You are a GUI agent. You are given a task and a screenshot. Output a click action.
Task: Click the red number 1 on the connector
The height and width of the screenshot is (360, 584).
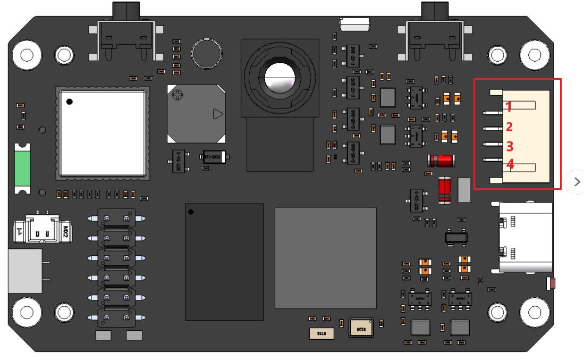pos(509,107)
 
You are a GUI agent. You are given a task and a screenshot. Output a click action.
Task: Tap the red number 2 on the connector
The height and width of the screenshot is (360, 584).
pos(509,127)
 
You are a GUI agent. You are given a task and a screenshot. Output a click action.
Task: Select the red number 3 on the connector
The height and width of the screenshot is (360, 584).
pos(509,146)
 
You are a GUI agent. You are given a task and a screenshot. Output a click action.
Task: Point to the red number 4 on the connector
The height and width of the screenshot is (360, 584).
pos(510,164)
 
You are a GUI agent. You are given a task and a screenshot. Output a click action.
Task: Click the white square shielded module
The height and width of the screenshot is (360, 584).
pos(101,133)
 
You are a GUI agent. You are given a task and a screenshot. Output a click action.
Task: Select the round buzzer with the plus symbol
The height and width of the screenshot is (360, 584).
pos(196,113)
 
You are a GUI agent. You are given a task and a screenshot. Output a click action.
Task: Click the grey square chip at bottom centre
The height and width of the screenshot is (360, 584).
pos(325,258)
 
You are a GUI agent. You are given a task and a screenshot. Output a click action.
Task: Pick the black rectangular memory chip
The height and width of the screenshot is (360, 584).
pos(224,262)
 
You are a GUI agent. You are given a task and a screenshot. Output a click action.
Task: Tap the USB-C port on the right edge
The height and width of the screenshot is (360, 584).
pos(525,237)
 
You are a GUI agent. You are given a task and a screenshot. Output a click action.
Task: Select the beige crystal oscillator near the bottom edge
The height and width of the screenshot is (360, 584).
pos(361,328)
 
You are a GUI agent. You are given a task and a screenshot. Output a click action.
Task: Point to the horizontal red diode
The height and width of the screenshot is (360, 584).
pos(440,160)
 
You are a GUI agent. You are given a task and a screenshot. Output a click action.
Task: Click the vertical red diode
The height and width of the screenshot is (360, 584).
pos(445,190)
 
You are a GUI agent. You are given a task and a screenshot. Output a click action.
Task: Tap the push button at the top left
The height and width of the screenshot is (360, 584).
pos(125,37)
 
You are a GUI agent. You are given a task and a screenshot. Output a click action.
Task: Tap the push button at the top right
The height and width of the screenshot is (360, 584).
pos(435,37)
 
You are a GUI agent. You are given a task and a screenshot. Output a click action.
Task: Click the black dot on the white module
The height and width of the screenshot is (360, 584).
pos(70,102)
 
